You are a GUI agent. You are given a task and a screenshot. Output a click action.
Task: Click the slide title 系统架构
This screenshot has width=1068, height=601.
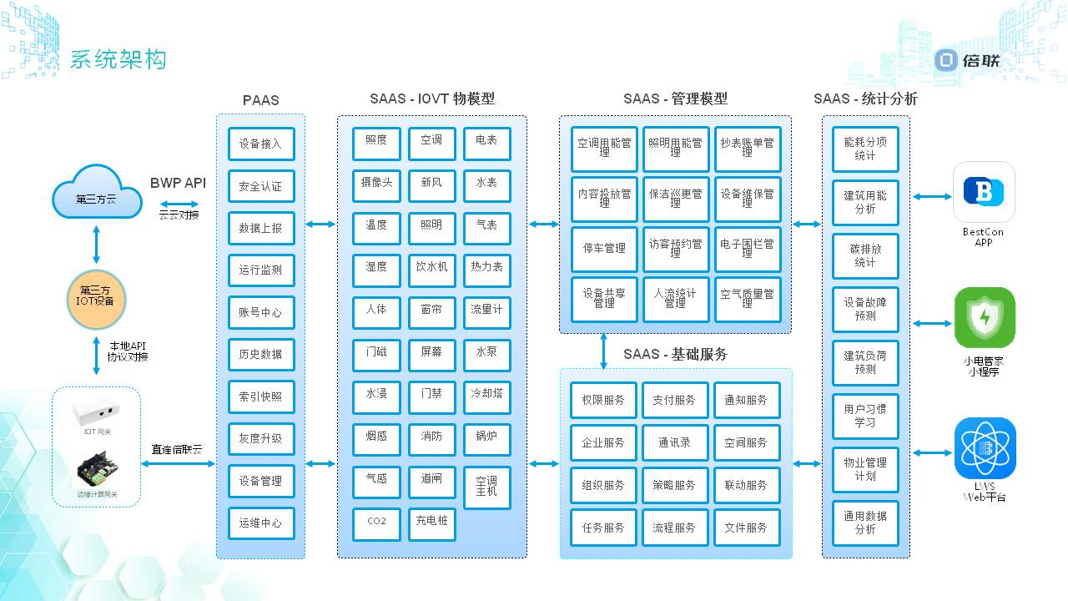(x=118, y=60)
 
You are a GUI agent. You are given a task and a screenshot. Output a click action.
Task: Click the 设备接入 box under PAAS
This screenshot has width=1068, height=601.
(x=261, y=144)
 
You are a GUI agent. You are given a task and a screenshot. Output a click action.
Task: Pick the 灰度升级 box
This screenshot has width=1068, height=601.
(x=261, y=438)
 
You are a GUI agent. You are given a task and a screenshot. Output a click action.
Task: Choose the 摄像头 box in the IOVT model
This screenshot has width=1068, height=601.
(x=376, y=183)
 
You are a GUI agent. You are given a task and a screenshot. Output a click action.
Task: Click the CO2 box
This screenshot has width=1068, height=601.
(x=376, y=522)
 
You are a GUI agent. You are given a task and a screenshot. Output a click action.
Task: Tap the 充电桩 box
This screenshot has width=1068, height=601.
(x=431, y=522)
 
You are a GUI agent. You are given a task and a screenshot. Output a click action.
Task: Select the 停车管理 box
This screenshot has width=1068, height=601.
(x=604, y=249)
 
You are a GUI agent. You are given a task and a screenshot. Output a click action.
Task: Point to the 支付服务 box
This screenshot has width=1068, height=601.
(x=674, y=401)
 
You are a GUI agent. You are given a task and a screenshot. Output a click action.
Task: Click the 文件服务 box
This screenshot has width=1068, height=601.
(x=746, y=528)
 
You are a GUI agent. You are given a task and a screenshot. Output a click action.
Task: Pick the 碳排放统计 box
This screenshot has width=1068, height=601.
(x=865, y=255)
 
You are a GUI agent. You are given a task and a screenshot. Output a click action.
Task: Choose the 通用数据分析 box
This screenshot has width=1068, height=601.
(x=865, y=523)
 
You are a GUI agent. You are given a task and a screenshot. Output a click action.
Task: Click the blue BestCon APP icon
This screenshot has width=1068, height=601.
(x=984, y=192)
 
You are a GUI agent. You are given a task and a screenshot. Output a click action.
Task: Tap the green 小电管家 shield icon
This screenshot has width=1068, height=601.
(x=985, y=318)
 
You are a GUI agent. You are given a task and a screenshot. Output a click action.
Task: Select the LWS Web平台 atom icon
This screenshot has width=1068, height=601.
(x=985, y=448)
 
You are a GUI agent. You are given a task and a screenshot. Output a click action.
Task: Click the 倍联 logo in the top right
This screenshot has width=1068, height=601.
(x=967, y=60)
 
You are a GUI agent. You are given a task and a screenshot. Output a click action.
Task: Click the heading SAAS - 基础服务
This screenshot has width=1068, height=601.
(x=675, y=354)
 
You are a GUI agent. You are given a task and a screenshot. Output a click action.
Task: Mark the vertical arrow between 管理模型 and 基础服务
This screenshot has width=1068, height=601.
(x=603, y=351)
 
